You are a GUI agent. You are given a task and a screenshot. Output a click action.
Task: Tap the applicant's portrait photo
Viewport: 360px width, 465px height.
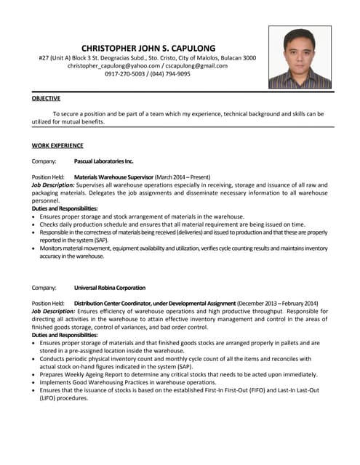point(300,57)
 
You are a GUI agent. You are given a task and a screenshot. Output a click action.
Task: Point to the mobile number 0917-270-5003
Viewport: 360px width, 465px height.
point(125,74)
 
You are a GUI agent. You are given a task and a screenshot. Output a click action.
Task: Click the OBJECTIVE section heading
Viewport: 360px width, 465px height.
point(46,98)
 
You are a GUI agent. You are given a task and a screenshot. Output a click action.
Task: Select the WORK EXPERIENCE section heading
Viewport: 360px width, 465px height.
point(57,145)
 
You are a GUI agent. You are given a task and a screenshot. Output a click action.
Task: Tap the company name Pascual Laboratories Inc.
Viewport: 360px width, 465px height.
point(104,161)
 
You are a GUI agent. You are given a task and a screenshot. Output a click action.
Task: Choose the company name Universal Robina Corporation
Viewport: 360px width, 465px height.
point(110,288)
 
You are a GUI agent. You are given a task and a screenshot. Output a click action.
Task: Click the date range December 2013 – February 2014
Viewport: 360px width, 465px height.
point(277,303)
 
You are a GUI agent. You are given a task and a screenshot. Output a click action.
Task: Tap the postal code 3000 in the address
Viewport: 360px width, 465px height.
point(249,57)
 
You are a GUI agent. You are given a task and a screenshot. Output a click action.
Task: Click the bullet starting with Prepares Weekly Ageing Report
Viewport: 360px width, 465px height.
point(178,374)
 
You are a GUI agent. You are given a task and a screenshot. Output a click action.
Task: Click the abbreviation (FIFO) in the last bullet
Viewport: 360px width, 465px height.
point(263,390)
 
